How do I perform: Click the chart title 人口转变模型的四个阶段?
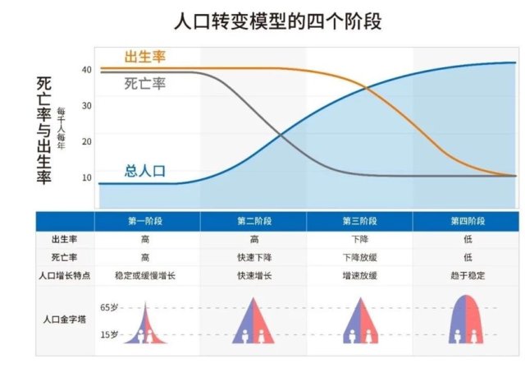click(x=277, y=21)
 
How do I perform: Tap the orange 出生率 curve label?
click(x=145, y=57)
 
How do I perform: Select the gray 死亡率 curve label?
click(x=145, y=84)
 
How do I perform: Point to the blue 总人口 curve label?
click(x=145, y=171)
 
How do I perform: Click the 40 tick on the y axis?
click(x=87, y=70)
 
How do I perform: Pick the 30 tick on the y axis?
click(x=87, y=106)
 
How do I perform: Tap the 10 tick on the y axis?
click(x=87, y=177)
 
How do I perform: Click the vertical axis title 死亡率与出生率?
click(x=43, y=131)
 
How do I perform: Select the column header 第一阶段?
click(x=145, y=221)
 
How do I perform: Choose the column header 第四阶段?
click(x=468, y=221)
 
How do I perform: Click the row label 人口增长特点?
click(x=65, y=276)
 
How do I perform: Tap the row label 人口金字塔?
click(x=65, y=319)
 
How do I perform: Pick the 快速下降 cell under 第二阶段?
click(x=254, y=257)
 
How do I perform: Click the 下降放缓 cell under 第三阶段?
click(x=360, y=257)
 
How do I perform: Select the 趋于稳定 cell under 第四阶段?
click(x=468, y=276)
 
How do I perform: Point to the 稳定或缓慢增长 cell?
click(x=145, y=276)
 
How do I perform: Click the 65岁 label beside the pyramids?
click(x=109, y=307)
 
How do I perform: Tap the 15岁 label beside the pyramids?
click(x=109, y=334)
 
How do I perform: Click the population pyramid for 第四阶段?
click(x=466, y=320)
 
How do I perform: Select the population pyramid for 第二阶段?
click(x=253, y=322)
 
